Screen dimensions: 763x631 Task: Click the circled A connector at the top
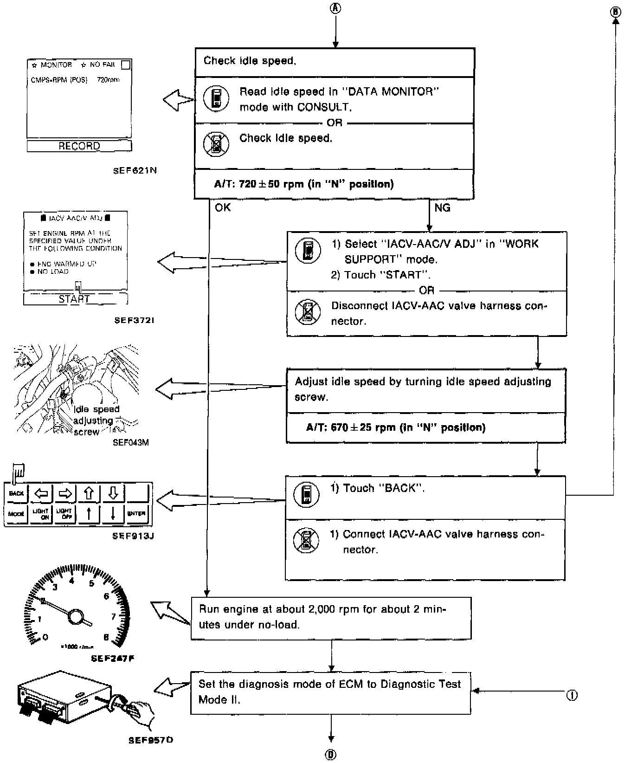pyautogui.click(x=335, y=8)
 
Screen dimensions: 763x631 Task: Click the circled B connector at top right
pyautogui.click(x=616, y=12)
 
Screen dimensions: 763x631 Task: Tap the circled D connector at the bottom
pyautogui.click(x=331, y=755)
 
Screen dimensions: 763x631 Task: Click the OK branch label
pyautogui.click(x=223, y=207)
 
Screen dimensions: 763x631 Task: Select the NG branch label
pyautogui.click(x=442, y=207)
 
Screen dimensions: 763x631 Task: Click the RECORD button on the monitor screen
pyautogui.click(x=79, y=146)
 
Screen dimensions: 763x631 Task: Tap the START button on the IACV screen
pyautogui.click(x=74, y=299)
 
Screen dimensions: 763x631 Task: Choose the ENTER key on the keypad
pyautogui.click(x=136, y=514)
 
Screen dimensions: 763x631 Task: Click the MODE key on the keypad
pyautogui.click(x=16, y=514)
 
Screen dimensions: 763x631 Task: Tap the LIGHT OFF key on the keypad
pyautogui.click(x=65, y=514)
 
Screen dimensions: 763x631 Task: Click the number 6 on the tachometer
pyautogui.click(x=106, y=596)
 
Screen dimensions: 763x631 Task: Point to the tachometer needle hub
pyautogui.click(x=75, y=616)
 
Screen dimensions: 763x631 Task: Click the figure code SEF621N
pyautogui.click(x=135, y=170)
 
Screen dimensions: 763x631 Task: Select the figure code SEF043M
pyautogui.click(x=130, y=442)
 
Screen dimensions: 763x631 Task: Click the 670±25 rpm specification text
pyautogui.click(x=396, y=427)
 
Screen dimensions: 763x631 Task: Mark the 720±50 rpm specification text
pyautogui.click(x=304, y=184)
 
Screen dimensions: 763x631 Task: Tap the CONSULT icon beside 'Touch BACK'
pyautogui.click(x=306, y=494)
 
